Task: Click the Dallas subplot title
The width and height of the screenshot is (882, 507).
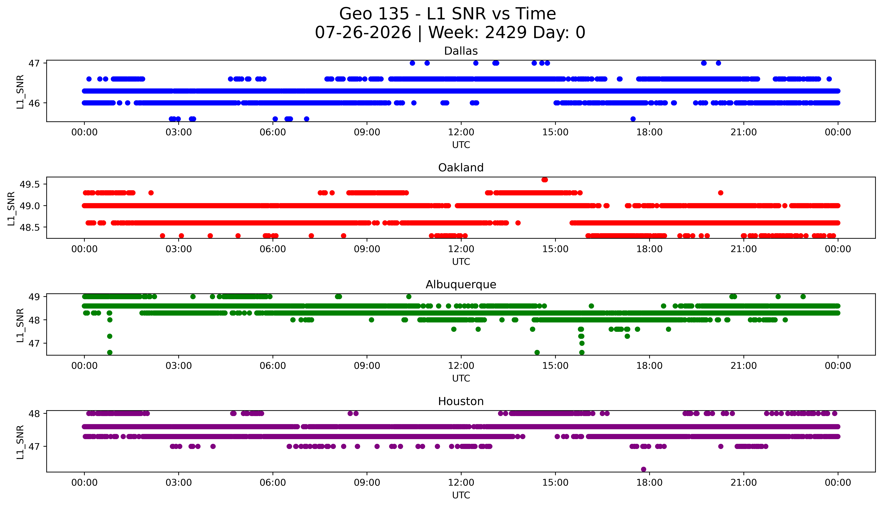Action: pos(461,51)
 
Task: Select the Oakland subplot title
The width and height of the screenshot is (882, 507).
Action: pos(461,168)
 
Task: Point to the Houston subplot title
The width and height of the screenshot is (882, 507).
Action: pos(461,402)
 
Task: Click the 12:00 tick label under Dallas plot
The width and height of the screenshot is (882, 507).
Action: pos(461,132)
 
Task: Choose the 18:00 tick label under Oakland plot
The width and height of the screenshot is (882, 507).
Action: pos(650,249)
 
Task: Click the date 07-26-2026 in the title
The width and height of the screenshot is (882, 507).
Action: pos(363,33)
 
